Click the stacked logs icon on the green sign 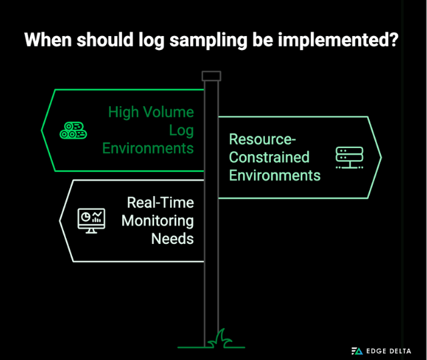73,130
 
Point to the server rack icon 349,157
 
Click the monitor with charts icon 91,219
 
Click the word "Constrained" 270,157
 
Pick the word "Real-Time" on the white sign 161,202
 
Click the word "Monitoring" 157,220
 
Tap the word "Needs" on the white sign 172,238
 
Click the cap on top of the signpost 211,75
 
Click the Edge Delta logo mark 357,350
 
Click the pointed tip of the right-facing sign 380,157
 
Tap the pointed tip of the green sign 43,129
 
